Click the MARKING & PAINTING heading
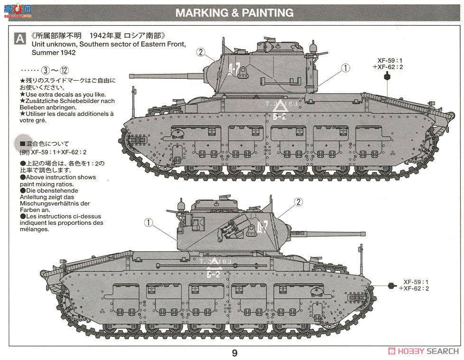[x=234, y=13]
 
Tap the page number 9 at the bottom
[x=234, y=353]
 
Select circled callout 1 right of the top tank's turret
[x=345, y=68]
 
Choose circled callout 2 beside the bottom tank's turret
[x=298, y=202]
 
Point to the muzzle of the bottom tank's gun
[x=365, y=232]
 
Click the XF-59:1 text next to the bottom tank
[x=416, y=281]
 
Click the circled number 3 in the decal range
[x=46, y=70]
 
